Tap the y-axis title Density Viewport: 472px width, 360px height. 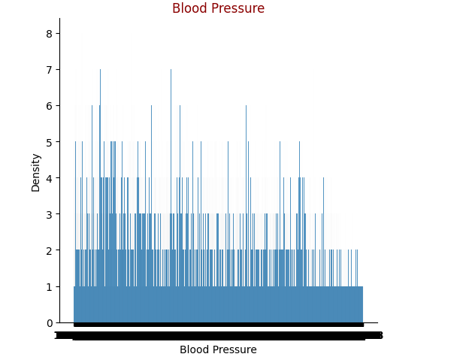click(36, 172)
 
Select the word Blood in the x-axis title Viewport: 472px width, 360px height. click(195, 349)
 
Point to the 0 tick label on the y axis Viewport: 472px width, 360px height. click(50, 323)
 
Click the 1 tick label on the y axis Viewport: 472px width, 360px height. click(50, 287)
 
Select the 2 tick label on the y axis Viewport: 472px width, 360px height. click(50, 251)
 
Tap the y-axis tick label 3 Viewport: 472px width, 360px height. click(50, 215)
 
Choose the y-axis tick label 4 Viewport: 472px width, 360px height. click(50, 179)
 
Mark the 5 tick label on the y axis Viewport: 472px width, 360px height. click(50, 143)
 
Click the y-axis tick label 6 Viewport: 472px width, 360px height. click(50, 106)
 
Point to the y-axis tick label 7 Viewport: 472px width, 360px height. click(50, 70)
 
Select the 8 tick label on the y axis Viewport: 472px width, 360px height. click(50, 34)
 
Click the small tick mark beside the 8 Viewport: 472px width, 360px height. click(58, 34)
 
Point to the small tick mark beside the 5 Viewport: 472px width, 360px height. click(58, 142)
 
